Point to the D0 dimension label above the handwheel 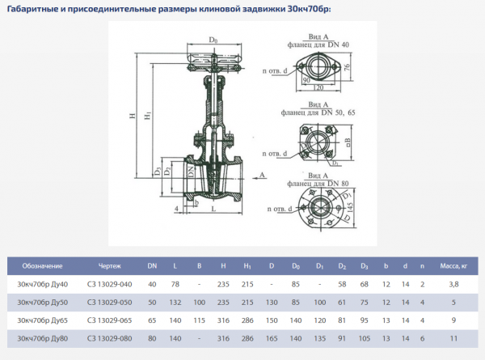(214, 39)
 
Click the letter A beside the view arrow (262, 174)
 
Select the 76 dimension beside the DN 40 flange (345, 67)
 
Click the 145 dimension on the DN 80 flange (352, 209)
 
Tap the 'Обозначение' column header (42, 265)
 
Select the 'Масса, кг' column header (453, 265)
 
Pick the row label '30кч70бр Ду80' (43, 337)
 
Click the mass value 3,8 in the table (453, 284)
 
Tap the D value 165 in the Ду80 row (272, 337)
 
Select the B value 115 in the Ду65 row (199, 320)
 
